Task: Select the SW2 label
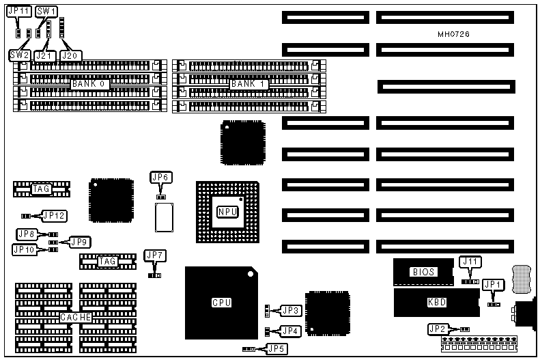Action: pyautogui.click(x=19, y=54)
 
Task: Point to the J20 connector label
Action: pyautogui.click(x=70, y=54)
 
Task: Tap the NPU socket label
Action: pyautogui.click(x=227, y=212)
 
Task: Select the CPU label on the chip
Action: pyautogui.click(x=221, y=301)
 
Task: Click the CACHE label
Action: pyautogui.click(x=76, y=317)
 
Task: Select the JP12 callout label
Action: pyautogui.click(x=54, y=216)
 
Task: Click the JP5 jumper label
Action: pyautogui.click(x=276, y=348)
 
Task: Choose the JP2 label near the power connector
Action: pyautogui.click(x=437, y=329)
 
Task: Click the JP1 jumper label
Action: pyautogui.click(x=492, y=283)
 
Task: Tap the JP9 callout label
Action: pyautogui.click(x=79, y=241)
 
